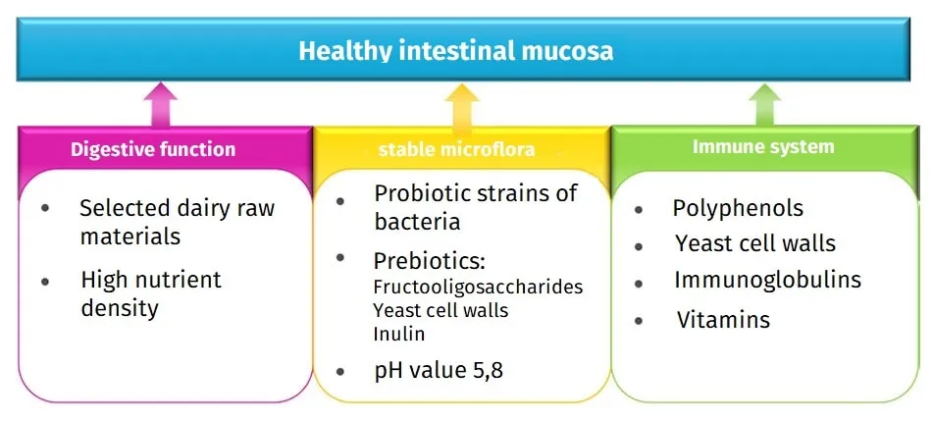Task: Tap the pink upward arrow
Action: (x=161, y=105)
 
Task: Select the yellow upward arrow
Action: (x=462, y=105)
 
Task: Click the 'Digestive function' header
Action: (x=153, y=150)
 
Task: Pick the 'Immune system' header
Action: (x=763, y=147)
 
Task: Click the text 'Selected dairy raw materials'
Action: (x=177, y=223)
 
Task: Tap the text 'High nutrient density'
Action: (x=150, y=293)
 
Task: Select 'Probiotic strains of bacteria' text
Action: (x=475, y=207)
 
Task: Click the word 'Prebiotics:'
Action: (x=430, y=262)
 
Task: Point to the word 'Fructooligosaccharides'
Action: (x=478, y=288)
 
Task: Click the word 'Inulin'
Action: (x=399, y=334)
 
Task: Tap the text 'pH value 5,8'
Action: (x=440, y=370)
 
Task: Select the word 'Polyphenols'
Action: (x=738, y=208)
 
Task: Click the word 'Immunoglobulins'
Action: (x=767, y=280)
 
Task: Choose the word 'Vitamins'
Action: (x=723, y=320)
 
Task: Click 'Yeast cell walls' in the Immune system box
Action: (x=755, y=243)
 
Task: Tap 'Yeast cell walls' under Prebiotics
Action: (x=440, y=310)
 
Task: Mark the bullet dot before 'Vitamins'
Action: (x=640, y=321)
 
